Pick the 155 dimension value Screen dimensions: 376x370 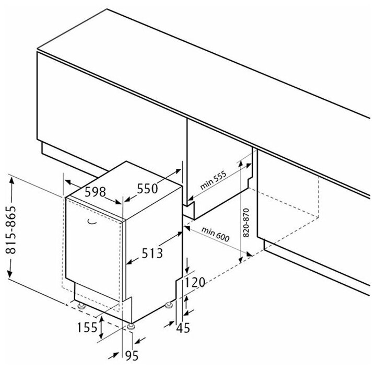[87, 327]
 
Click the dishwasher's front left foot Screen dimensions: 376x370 [81, 305]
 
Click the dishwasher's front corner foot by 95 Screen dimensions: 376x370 [130, 326]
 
